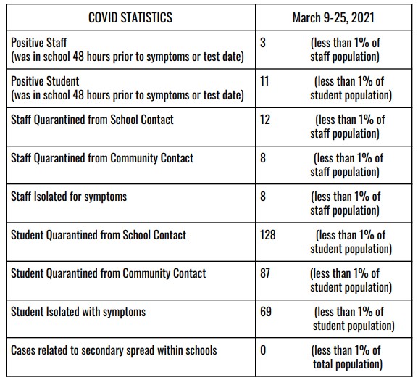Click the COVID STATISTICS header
(130, 17)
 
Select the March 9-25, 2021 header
(333, 17)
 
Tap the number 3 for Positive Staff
(263, 43)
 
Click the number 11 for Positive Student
(264, 81)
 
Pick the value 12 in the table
(265, 120)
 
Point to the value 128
(268, 235)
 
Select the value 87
(265, 273)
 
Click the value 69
(266, 312)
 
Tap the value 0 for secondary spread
(263, 350)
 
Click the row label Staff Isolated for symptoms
(69, 197)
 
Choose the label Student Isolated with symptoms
(78, 313)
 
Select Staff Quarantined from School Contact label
(92, 120)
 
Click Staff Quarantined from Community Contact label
(102, 158)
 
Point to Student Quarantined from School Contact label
(99, 235)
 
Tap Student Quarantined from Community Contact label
(108, 274)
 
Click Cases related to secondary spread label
(114, 350)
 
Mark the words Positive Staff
(39, 43)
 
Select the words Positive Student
(45, 81)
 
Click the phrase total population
(348, 365)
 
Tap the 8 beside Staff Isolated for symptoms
(263, 197)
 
